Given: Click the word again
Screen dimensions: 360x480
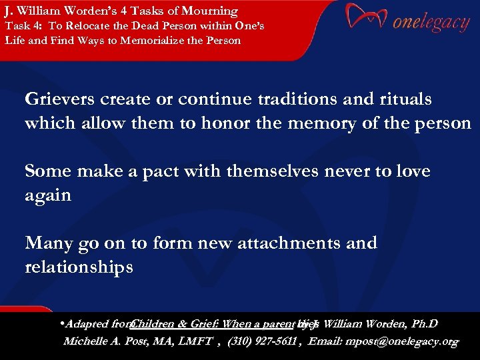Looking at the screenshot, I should pos(47,195).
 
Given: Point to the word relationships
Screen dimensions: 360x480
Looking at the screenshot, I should pos(79,267).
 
